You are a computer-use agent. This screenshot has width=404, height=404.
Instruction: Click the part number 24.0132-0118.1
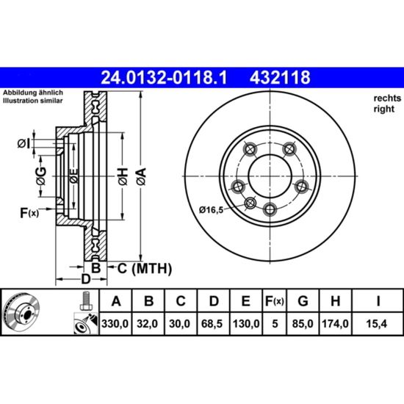(164, 78)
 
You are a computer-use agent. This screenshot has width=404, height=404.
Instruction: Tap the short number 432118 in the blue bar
(280, 78)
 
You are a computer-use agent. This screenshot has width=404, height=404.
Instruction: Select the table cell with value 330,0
(115, 324)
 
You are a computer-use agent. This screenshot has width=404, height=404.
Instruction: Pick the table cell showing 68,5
(212, 324)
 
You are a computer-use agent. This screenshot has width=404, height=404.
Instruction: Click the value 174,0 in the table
(335, 324)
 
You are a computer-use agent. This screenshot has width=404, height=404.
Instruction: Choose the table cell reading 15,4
(377, 324)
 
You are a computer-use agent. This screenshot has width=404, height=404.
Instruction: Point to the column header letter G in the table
(303, 301)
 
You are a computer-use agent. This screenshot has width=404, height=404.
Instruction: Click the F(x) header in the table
(275, 301)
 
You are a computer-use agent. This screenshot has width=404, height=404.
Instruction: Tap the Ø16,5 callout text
(211, 210)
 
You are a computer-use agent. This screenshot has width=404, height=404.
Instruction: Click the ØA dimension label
(142, 176)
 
